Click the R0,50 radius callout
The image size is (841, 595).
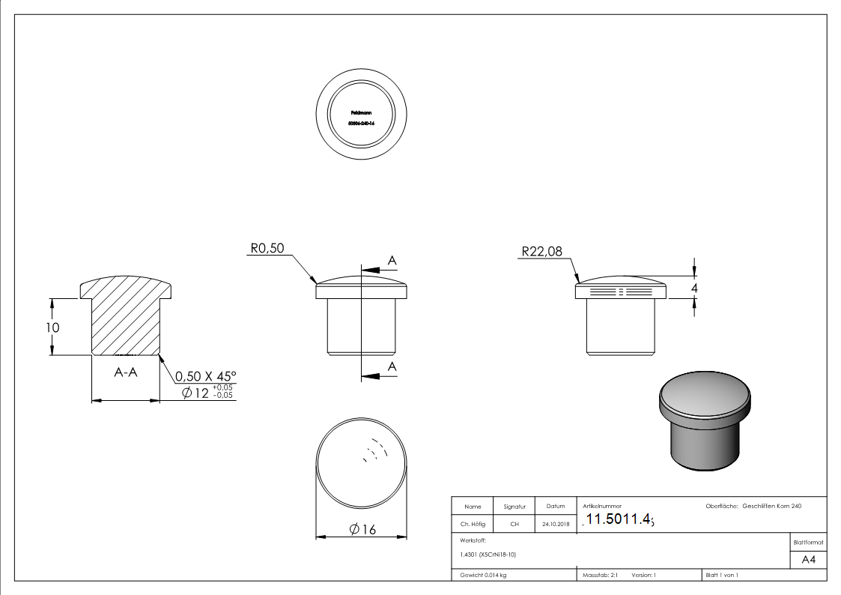(267, 249)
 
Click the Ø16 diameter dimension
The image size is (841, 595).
(362, 530)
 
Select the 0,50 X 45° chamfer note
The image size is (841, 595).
(205, 375)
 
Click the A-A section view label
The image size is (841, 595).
(126, 372)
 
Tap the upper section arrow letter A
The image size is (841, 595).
(392, 260)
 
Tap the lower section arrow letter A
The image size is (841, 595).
(392, 366)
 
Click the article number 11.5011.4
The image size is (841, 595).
(619, 519)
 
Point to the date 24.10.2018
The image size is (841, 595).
(555, 525)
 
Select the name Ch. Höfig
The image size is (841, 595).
(473, 525)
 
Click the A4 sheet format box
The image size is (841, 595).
(808, 560)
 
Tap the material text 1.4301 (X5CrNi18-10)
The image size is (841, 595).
(488, 555)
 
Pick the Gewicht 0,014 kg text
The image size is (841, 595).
(484, 575)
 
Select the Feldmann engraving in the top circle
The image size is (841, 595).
(361, 112)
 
